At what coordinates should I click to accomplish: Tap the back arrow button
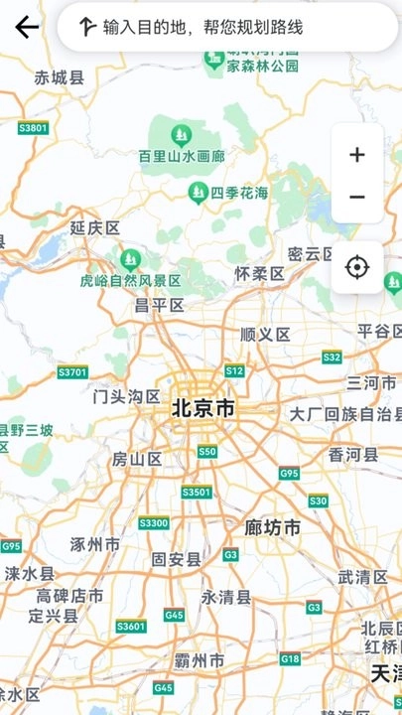[x=27, y=27]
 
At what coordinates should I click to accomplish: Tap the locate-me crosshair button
[x=357, y=267]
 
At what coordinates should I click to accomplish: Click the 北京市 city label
[x=203, y=408]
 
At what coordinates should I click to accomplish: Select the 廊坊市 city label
[x=273, y=527]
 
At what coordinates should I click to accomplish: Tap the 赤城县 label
[x=60, y=77]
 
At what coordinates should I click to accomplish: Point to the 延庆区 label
[x=95, y=227]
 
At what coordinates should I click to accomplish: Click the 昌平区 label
[x=160, y=305]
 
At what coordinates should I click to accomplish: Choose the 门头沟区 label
[x=126, y=396]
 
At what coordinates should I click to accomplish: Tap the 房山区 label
[x=137, y=459]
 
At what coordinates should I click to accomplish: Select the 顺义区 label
[x=265, y=335]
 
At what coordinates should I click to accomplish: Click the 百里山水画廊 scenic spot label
[x=182, y=157]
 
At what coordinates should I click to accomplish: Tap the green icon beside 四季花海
[x=199, y=191]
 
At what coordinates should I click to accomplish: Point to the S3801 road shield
[x=33, y=128]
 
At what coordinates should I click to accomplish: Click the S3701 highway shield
[x=72, y=372]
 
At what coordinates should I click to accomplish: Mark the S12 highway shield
[x=234, y=370]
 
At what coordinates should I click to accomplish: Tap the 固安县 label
[x=176, y=559]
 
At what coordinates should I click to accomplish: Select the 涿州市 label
[x=95, y=544]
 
